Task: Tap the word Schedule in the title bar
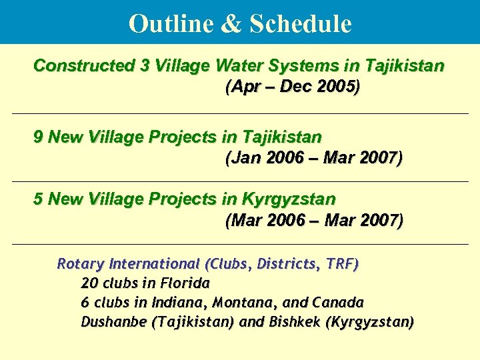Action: tap(300, 23)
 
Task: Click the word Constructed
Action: tap(84, 66)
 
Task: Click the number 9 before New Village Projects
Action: tap(39, 137)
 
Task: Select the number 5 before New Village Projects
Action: tap(39, 199)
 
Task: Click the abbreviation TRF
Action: tap(342, 264)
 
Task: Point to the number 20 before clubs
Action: tap(89, 283)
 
